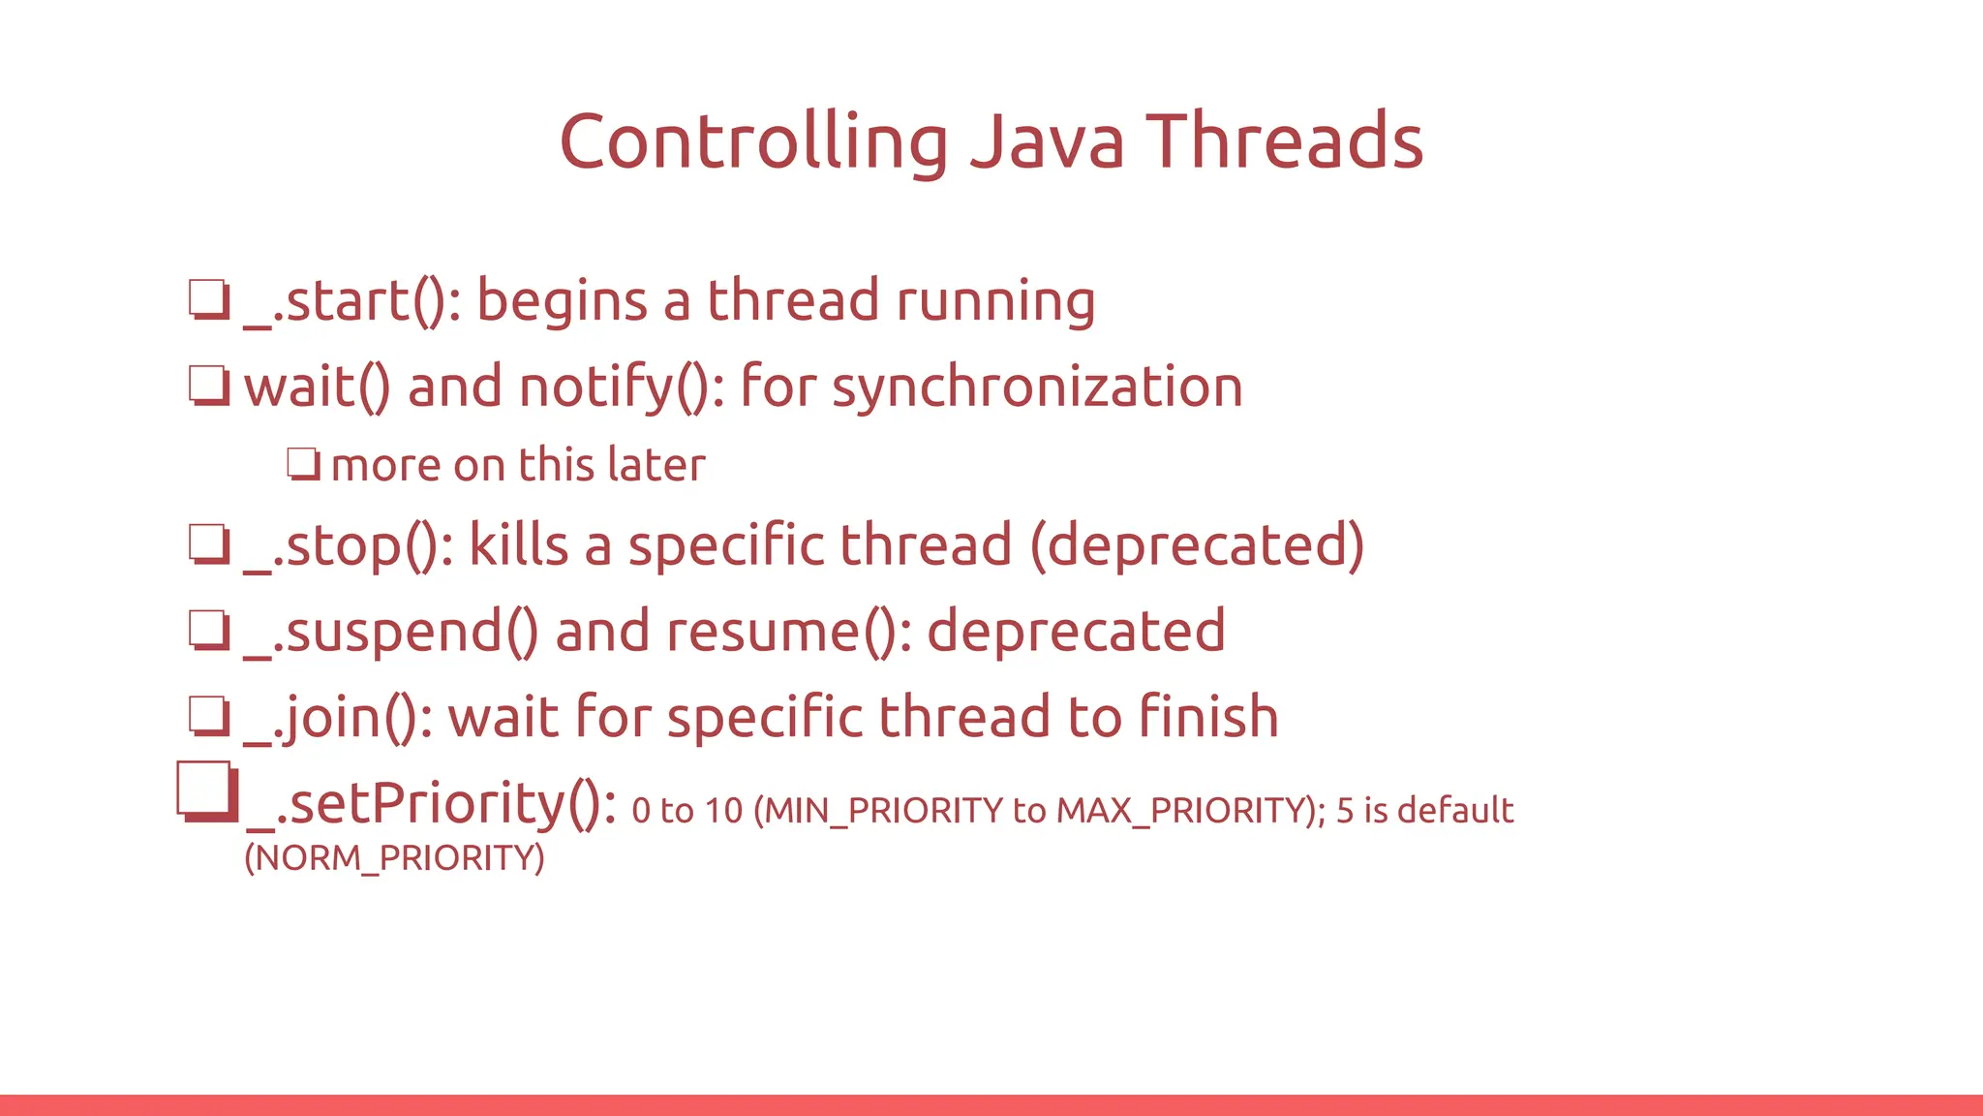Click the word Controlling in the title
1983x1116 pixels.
click(753, 142)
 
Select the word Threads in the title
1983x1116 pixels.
click(1284, 142)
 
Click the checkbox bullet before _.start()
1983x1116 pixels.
click(209, 299)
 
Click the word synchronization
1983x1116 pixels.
click(1037, 387)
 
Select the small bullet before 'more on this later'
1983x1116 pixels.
click(303, 464)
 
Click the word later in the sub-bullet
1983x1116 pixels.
click(656, 465)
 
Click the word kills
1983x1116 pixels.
click(519, 545)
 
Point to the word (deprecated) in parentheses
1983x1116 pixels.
click(1197, 545)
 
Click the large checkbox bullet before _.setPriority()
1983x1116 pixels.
click(207, 791)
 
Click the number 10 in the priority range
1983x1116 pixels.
click(723, 811)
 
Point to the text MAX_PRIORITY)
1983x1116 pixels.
click(1190, 811)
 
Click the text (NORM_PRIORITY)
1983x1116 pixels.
click(394, 858)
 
